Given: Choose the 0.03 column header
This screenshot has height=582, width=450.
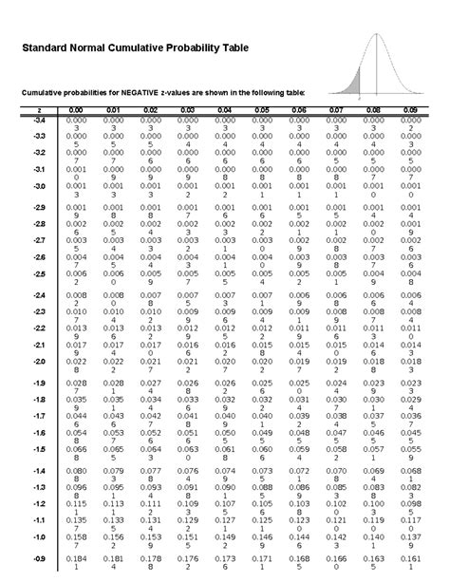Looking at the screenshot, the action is pyautogui.click(x=186, y=111).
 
